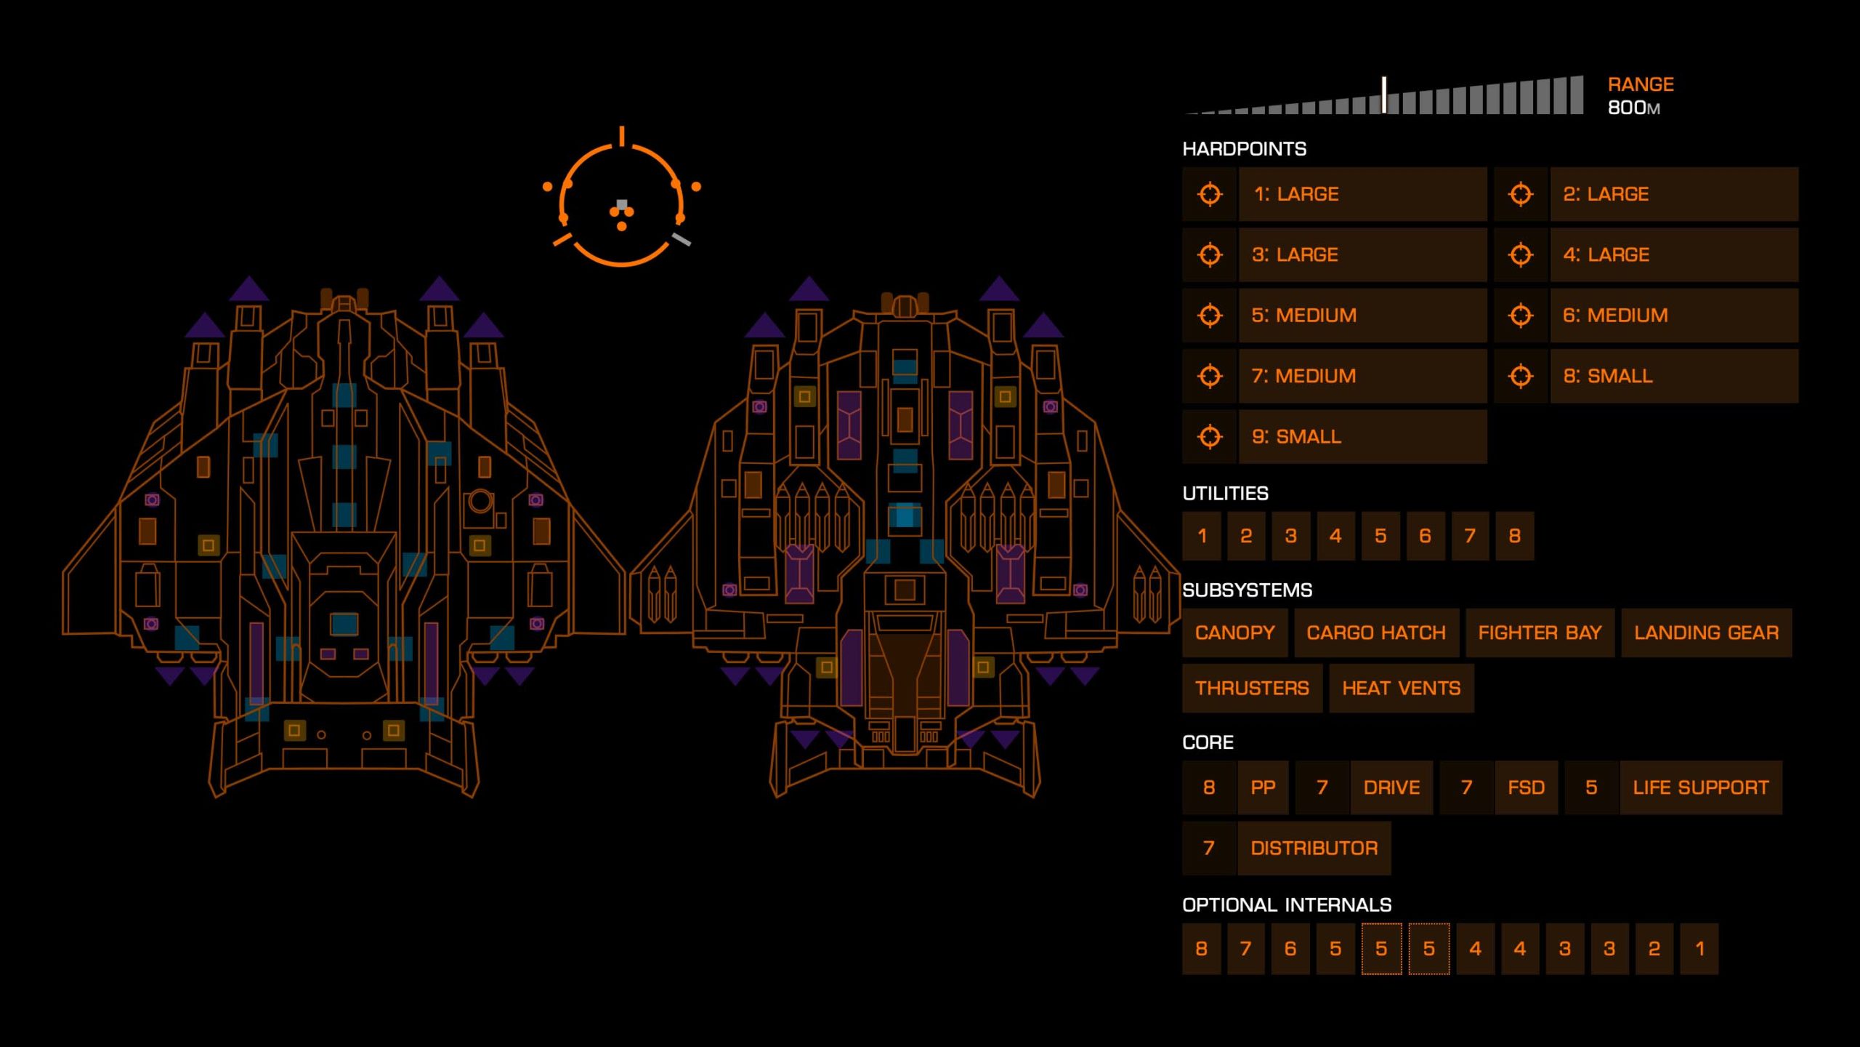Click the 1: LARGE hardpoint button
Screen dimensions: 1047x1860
pyautogui.click(x=1362, y=194)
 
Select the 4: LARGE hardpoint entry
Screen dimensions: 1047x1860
pyautogui.click(x=1673, y=255)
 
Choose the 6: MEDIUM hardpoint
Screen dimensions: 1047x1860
pyautogui.click(x=1673, y=316)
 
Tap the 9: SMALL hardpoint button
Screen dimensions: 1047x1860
pyautogui.click(x=1362, y=437)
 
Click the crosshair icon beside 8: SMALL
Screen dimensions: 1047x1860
pyautogui.click(x=1521, y=377)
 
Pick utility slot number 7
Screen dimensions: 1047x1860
pyautogui.click(x=1470, y=536)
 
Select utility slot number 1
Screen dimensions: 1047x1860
pyautogui.click(x=1202, y=536)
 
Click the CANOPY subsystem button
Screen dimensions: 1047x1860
pyautogui.click(x=1234, y=633)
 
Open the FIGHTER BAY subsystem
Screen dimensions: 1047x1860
pyautogui.click(x=1540, y=633)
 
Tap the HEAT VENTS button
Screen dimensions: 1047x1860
pyautogui.click(x=1401, y=689)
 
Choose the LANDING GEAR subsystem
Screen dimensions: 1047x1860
pyautogui.click(x=1706, y=633)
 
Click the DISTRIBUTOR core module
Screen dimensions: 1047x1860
pyautogui.click(x=1314, y=849)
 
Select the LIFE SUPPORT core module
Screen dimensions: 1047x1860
pyautogui.click(x=1700, y=788)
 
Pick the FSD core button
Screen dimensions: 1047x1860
pyautogui.click(x=1526, y=788)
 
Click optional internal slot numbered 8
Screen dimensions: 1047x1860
pyautogui.click(x=1202, y=949)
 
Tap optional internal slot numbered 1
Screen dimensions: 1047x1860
pyautogui.click(x=1699, y=949)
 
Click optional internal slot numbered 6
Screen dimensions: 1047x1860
pyautogui.click(x=1290, y=949)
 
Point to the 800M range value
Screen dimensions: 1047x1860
pyautogui.click(x=1633, y=108)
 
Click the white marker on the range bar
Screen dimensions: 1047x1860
pyautogui.click(x=1384, y=95)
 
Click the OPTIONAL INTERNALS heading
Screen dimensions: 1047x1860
pyautogui.click(x=1287, y=905)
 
